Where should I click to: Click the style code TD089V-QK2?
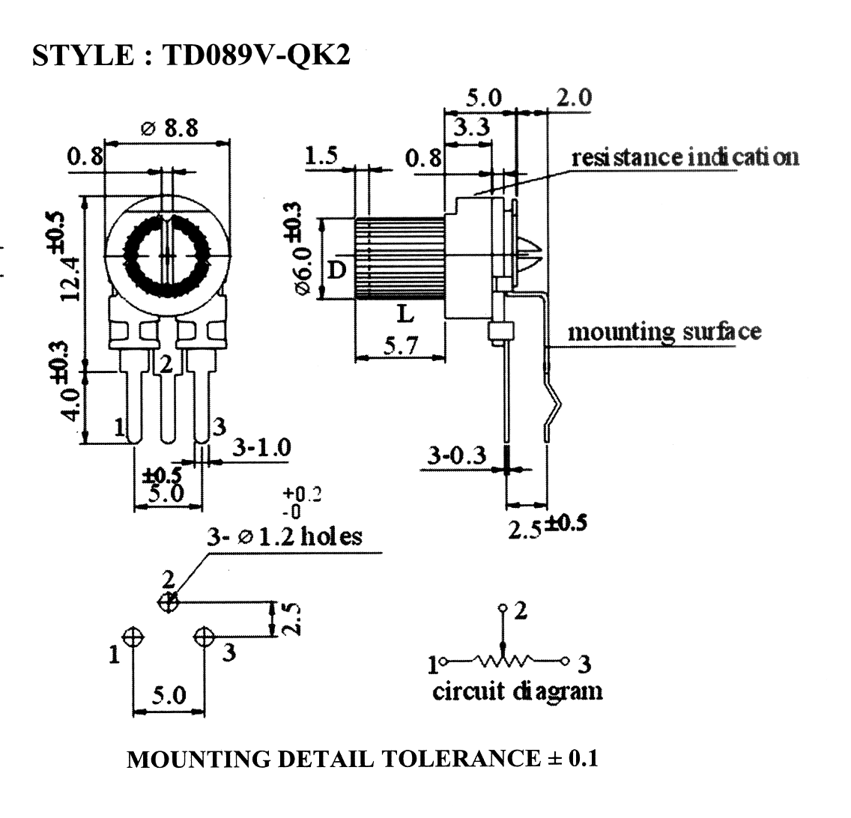[257, 55]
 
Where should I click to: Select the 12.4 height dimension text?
[71, 279]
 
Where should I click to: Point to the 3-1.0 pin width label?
[262, 449]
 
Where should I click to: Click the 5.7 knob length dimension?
[401, 345]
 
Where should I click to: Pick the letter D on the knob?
[337, 269]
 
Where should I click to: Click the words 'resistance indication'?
[685, 157]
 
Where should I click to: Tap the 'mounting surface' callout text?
[664, 332]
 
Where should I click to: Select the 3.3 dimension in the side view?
[472, 127]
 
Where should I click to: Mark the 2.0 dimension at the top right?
[575, 97]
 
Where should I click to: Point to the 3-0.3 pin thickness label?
[457, 455]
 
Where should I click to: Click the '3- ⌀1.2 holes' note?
[285, 536]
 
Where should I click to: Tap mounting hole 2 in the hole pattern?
[168, 602]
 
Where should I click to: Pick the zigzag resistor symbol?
[503, 661]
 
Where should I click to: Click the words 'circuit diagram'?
[517, 691]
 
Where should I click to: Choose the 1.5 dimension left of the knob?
[321, 156]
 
